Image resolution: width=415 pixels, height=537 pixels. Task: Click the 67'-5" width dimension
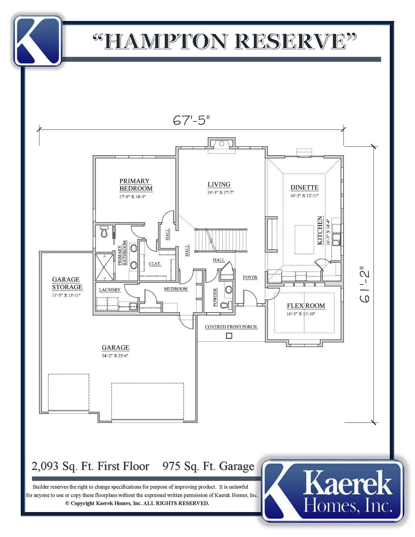191,120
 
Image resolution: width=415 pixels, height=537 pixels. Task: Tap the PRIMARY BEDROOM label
136,185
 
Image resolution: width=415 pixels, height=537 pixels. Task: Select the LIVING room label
219,185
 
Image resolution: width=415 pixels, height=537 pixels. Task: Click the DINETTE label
304,187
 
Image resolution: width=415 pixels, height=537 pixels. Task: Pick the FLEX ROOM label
306,306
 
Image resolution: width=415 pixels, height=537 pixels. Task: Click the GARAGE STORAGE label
67,283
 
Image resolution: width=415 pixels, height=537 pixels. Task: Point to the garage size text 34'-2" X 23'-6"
115,356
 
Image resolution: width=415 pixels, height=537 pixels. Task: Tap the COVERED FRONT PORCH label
231,327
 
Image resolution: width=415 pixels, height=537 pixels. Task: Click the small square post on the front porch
229,336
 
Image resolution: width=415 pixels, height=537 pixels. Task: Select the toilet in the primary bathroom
104,232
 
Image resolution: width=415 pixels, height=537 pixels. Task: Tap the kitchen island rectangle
304,239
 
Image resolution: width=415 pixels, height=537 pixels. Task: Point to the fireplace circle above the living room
221,144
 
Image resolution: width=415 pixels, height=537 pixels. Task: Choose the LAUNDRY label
110,290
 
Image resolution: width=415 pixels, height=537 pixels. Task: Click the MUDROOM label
176,289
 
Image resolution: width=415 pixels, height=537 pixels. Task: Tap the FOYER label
250,277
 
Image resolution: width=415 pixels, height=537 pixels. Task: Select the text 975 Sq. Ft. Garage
208,466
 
